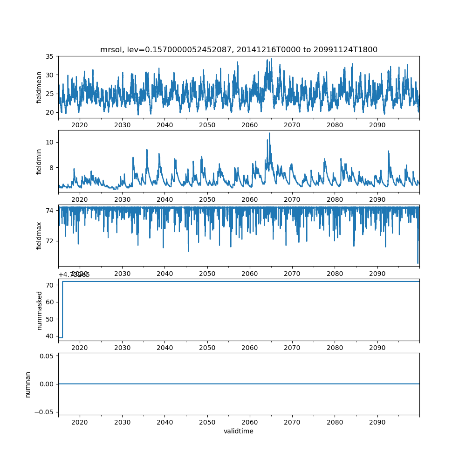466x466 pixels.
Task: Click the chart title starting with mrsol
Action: point(239,49)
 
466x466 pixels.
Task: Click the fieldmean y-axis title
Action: point(40,87)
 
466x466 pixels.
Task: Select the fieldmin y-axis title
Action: point(40,161)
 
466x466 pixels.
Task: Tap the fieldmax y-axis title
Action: point(40,235)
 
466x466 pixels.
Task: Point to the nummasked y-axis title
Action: point(40,310)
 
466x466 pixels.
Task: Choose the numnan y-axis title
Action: point(28,384)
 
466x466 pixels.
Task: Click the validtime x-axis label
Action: point(239,432)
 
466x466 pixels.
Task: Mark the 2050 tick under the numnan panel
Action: point(207,422)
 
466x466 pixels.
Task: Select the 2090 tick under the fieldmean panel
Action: point(377,125)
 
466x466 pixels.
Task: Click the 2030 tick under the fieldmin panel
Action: point(122,199)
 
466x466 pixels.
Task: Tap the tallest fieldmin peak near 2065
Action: point(269,134)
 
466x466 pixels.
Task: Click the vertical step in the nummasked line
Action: point(62,309)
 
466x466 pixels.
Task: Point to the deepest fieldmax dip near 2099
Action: point(418,263)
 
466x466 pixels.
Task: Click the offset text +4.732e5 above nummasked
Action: point(74,274)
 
